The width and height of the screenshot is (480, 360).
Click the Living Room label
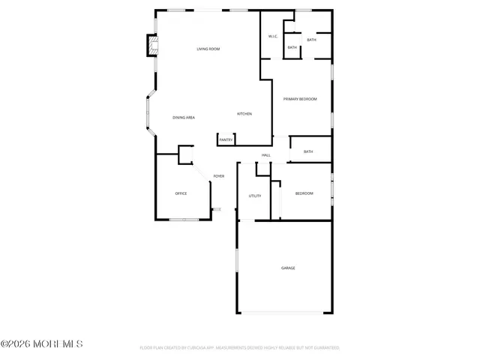coord(208,49)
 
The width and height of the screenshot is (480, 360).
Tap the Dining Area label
coord(184,118)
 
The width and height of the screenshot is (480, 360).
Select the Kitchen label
coord(244,114)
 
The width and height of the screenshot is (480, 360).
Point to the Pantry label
coord(226,140)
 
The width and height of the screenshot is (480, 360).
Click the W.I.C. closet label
coord(273,37)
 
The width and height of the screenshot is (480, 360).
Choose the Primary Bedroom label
coord(300,99)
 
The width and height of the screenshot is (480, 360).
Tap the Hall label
coord(265,155)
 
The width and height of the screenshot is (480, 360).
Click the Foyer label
coord(218,176)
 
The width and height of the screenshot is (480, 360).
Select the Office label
coord(181,193)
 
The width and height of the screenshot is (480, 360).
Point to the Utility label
coord(254,196)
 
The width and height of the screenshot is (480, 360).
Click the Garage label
coord(288,268)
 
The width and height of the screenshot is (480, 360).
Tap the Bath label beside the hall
coord(308,151)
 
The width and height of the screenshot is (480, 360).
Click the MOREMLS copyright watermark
coord(42,344)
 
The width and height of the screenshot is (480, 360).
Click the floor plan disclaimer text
coord(240,348)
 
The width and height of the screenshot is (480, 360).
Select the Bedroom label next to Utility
coord(304,193)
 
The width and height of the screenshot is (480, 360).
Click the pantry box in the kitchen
coord(226,139)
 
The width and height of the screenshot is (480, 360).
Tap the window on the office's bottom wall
coord(184,219)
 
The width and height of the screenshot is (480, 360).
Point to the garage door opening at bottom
coord(283,312)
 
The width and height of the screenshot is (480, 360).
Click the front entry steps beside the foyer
coord(217,209)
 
